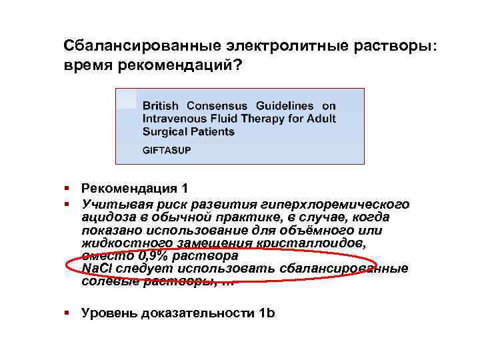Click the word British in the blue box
(x=161, y=106)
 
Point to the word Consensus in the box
(x=217, y=106)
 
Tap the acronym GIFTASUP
(x=167, y=150)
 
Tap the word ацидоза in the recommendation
(x=104, y=217)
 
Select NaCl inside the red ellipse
(x=96, y=269)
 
